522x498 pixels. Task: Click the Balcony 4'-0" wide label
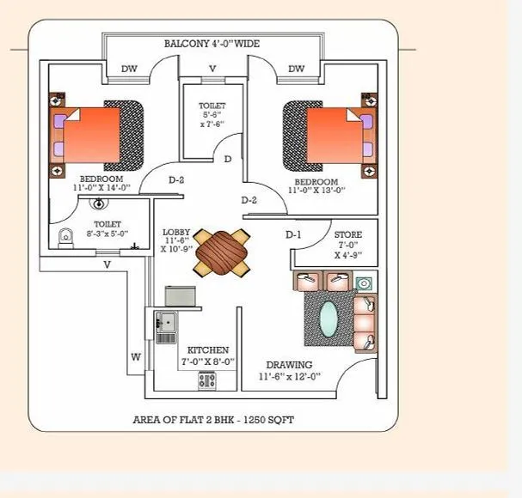[x=212, y=43]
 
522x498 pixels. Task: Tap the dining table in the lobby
[x=220, y=251]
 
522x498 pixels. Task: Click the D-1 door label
[x=293, y=234]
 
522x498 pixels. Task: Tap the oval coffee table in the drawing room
[x=329, y=322]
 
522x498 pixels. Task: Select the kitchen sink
[x=165, y=324]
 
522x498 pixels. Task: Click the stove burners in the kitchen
[x=207, y=379]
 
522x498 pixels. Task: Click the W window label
[x=135, y=357]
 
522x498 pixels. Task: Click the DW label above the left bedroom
[x=129, y=70]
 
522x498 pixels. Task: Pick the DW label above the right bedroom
[x=296, y=70]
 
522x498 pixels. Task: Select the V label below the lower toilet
[x=107, y=265]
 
